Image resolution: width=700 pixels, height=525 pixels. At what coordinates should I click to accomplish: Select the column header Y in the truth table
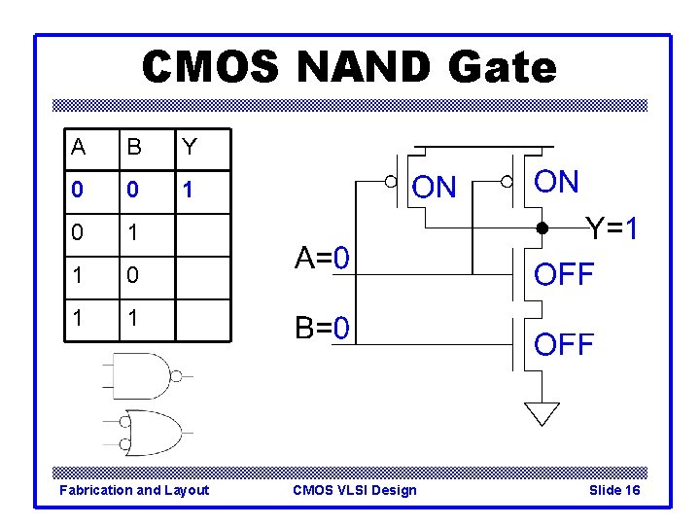point(190,147)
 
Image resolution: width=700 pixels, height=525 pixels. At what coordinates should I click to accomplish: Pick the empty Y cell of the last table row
point(203,320)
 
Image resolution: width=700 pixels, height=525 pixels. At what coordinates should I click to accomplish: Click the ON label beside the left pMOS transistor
point(434,187)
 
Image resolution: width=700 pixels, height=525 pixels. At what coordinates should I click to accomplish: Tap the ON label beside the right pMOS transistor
point(557,182)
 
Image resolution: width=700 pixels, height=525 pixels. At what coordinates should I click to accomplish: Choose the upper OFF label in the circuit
point(564,275)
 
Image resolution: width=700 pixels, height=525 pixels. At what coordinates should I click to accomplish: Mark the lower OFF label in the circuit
point(564,343)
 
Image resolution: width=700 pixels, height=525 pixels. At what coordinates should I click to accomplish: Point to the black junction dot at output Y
point(542,230)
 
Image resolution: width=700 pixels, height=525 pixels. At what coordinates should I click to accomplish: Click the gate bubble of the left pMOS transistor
point(390,181)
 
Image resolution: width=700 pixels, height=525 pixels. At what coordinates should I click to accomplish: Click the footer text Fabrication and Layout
point(134,490)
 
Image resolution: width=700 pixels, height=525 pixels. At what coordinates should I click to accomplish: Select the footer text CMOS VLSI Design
point(354,490)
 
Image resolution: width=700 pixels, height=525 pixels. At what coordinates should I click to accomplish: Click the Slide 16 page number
point(614,490)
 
